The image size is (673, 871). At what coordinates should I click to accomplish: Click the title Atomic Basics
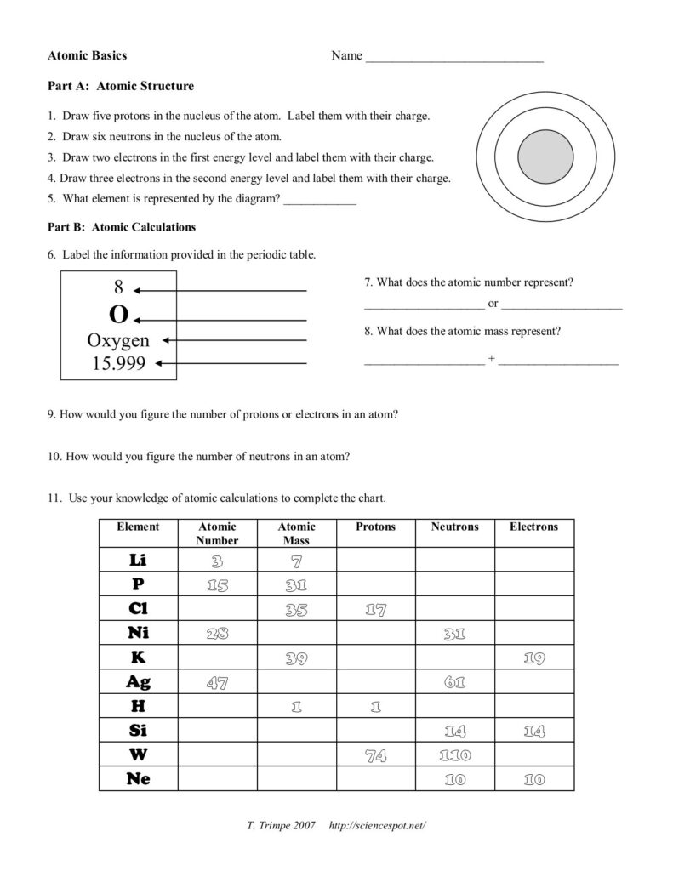tap(88, 55)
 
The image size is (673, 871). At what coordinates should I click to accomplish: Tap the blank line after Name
tap(453, 60)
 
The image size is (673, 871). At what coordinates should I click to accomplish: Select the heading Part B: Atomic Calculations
tap(122, 227)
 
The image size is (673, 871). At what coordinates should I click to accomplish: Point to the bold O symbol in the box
tap(118, 316)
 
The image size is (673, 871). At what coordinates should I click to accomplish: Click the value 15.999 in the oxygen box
tap(118, 364)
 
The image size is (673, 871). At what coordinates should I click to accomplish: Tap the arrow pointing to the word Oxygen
tap(234, 340)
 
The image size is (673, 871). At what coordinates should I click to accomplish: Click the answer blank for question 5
tap(319, 202)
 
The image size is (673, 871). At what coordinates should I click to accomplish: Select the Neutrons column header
tap(454, 527)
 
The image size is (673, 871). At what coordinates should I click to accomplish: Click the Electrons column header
tap(533, 527)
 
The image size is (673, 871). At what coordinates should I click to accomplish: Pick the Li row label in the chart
tap(138, 560)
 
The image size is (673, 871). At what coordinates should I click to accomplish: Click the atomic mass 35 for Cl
tap(296, 609)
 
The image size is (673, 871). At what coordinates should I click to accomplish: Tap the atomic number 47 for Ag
tap(217, 682)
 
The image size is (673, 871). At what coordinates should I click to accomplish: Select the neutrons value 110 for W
tap(454, 755)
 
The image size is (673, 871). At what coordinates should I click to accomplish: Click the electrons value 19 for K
tap(533, 658)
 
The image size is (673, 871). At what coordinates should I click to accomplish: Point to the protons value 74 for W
tap(375, 755)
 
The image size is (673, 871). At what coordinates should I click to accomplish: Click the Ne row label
tap(138, 778)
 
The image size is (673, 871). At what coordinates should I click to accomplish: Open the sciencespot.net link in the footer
tap(375, 826)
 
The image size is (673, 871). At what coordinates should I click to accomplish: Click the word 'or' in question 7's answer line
tap(493, 304)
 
